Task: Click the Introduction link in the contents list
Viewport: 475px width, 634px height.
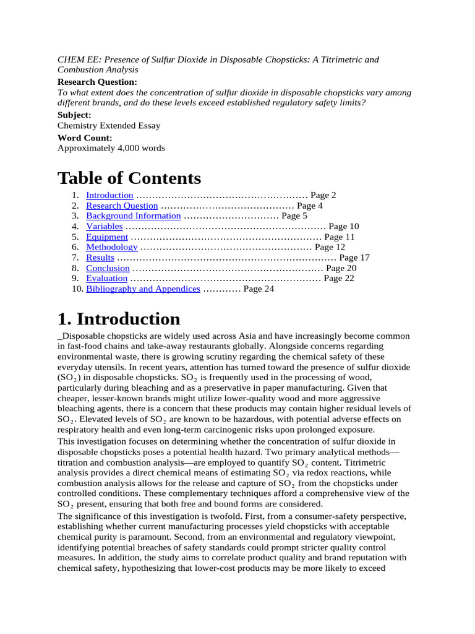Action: click(109, 195)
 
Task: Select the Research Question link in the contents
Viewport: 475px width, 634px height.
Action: click(122, 206)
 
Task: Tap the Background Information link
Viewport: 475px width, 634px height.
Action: click(133, 216)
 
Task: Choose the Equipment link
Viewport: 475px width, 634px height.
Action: click(107, 237)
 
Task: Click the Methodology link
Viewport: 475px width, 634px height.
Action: click(111, 247)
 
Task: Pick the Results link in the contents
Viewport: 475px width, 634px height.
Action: click(100, 258)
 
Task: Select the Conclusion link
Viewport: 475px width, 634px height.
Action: click(108, 268)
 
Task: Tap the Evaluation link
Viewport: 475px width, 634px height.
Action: click(107, 279)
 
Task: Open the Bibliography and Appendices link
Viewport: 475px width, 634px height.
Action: click(143, 289)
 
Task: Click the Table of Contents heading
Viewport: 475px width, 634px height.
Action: click(129, 178)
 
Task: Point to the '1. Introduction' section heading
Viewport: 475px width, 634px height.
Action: click(119, 319)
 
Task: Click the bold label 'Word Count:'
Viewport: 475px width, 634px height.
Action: click(85, 138)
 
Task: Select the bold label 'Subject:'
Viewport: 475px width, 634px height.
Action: click(74, 115)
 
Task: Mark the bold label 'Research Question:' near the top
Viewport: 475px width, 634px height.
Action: click(97, 82)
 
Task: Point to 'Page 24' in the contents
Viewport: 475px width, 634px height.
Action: click(259, 289)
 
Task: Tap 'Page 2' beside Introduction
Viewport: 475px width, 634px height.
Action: click(323, 195)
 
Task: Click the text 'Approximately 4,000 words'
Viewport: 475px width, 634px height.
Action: click(111, 148)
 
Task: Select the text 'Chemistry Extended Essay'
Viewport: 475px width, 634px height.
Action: click(109, 126)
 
